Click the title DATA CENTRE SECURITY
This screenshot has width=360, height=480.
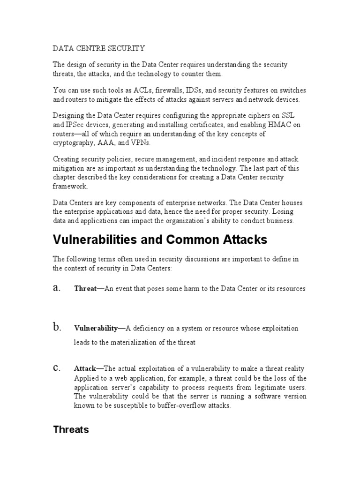coord(99,48)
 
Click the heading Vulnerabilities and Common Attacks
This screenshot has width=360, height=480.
coord(160,240)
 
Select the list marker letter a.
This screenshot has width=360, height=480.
coord(57,288)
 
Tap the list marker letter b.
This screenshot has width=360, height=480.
coord(57,328)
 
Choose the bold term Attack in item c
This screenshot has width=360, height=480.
coord(85,369)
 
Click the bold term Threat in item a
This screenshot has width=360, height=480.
coord(85,289)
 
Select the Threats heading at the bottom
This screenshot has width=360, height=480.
coord(71,429)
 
